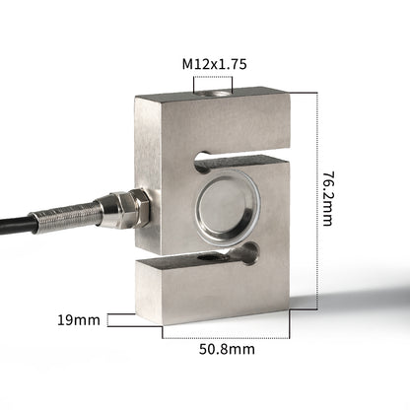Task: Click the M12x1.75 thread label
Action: pyautogui.click(x=214, y=64)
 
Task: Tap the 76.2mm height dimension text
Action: pyautogui.click(x=328, y=198)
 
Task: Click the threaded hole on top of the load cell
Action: pyautogui.click(x=212, y=95)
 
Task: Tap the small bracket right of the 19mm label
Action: pyautogui.click(x=119, y=320)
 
